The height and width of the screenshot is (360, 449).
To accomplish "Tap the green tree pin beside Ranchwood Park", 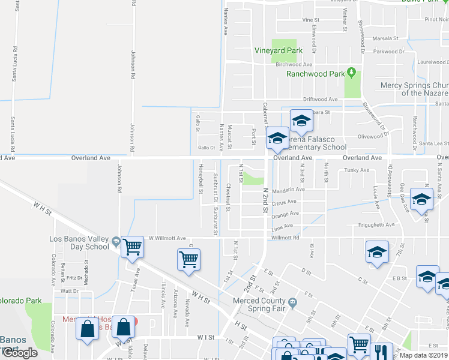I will (x=352, y=73).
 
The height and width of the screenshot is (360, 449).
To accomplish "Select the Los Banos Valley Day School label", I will (x=79, y=243).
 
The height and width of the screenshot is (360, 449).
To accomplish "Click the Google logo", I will (x=20, y=353).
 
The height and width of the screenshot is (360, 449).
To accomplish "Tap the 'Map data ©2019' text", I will (x=424, y=355).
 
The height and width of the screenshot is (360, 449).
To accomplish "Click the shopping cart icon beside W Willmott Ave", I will (x=132, y=246).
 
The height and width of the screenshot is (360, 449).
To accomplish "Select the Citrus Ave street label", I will (x=284, y=203).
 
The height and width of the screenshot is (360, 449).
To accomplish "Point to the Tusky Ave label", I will (x=357, y=170).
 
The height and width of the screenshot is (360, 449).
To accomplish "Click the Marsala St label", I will (x=385, y=38).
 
